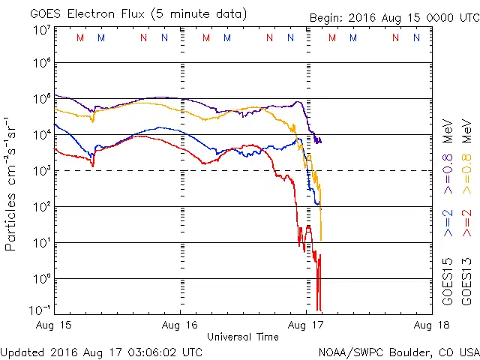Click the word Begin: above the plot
(328, 18)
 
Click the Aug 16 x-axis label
(181, 325)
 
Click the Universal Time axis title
(243, 337)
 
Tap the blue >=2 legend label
(448, 223)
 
